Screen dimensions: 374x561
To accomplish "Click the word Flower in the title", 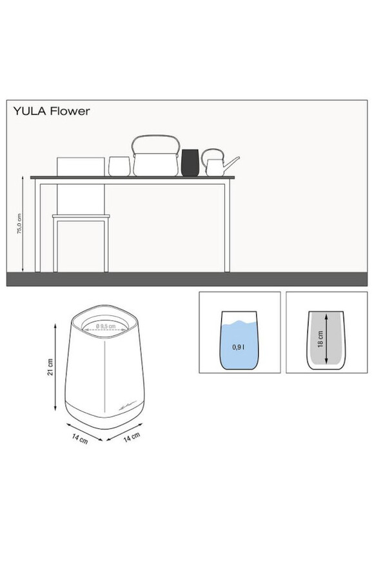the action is [x=70, y=111].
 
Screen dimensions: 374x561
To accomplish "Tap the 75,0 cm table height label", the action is [x=19, y=224].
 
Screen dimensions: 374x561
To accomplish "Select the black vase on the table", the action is [x=190, y=162].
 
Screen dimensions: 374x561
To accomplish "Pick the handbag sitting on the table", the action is [x=155, y=155].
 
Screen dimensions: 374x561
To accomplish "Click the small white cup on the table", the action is [x=119, y=166].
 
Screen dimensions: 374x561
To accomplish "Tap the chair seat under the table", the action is [x=81, y=217].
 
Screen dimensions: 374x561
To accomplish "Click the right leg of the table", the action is [x=227, y=226].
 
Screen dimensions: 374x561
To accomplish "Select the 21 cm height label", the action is [x=50, y=367].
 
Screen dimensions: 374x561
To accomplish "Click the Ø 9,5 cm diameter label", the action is [x=106, y=326].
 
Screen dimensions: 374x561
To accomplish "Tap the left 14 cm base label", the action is [x=80, y=438].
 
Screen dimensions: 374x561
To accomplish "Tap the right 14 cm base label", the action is [x=132, y=437].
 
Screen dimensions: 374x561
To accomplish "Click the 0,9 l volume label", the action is [x=239, y=347].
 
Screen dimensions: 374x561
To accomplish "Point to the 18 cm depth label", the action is [x=320, y=339].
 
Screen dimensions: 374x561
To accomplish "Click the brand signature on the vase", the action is [x=127, y=406].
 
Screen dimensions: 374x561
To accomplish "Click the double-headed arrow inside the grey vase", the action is [x=326, y=338].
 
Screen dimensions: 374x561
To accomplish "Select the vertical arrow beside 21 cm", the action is [x=55, y=367].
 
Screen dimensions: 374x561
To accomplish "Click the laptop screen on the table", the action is [x=81, y=167].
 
